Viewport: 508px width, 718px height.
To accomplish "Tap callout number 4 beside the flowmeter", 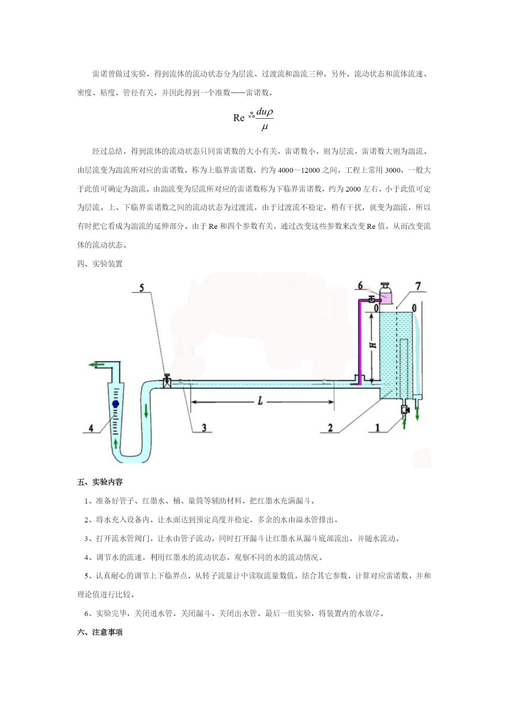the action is (91, 428).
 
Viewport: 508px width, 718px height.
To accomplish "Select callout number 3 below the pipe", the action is (203, 428).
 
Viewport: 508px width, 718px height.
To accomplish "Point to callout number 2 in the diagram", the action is (330, 428).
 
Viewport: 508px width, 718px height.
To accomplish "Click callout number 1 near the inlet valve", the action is (378, 428).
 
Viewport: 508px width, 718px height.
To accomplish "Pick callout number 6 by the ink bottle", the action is (361, 285).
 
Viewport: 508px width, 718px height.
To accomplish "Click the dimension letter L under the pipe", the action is (260, 402).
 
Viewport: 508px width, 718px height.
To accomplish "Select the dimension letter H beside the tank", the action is (373, 345).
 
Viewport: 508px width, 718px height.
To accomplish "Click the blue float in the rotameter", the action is (115, 404).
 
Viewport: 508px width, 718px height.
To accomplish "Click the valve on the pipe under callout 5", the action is (167, 382).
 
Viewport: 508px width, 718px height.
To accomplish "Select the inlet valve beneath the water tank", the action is (405, 409).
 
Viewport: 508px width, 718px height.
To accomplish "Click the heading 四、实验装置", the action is (100, 264).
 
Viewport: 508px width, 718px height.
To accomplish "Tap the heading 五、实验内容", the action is (100, 482).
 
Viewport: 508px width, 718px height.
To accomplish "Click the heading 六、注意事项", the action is (100, 632).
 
